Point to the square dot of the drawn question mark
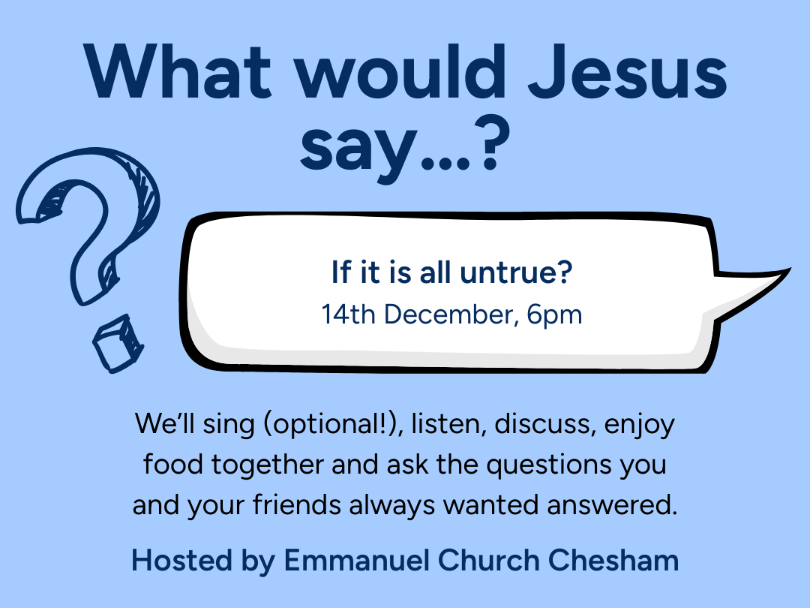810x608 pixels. (116, 344)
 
